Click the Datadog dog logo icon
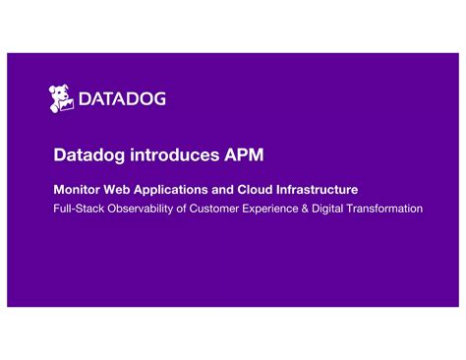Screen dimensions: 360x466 pos(62,97)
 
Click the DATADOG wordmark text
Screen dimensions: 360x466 pos(122,98)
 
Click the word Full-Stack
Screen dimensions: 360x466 pos(76,209)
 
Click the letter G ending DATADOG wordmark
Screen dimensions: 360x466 pos(157,98)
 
